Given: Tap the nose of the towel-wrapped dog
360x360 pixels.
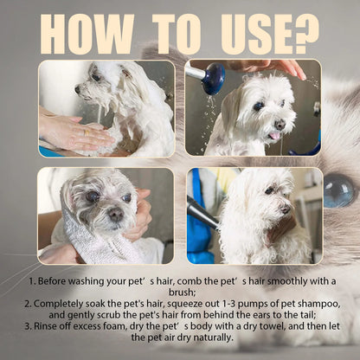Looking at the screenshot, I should (x=114, y=213).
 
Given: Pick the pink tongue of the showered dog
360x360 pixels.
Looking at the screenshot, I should (x=274, y=135).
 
